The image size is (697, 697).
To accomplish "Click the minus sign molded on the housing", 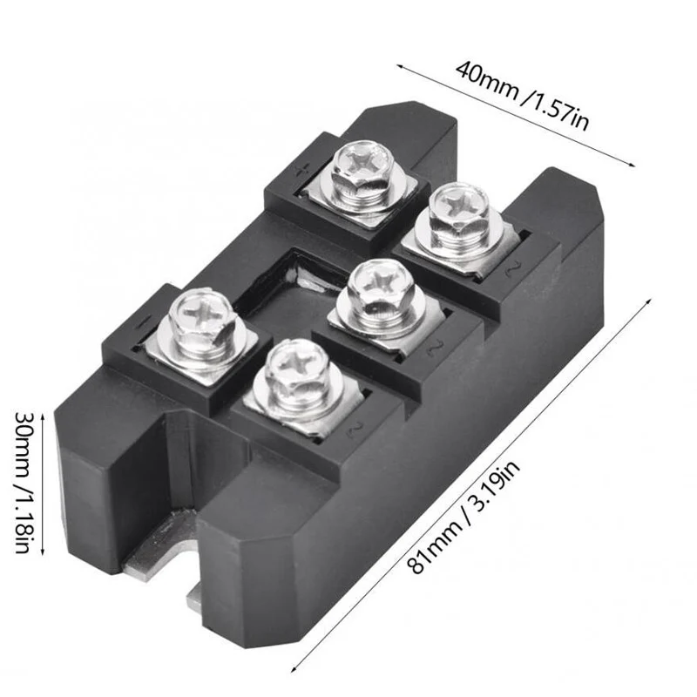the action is coord(140,321).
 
